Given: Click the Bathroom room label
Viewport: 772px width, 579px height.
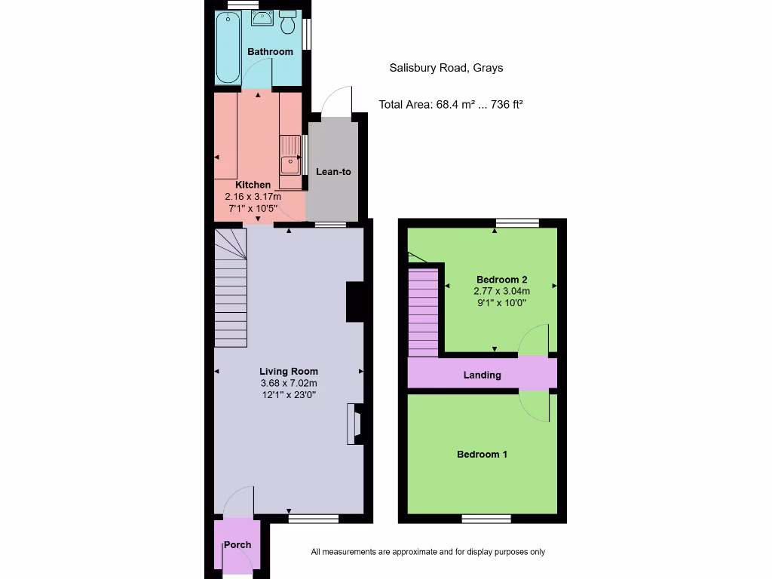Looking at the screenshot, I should (x=270, y=52).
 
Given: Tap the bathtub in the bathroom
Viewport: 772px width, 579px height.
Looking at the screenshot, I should (x=228, y=48).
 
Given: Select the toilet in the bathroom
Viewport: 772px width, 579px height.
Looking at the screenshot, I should (x=287, y=23).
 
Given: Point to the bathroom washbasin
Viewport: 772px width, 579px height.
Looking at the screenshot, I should (x=262, y=18).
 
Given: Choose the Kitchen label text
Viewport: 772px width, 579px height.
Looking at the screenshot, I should (x=253, y=185).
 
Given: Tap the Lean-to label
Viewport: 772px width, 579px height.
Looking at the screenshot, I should (x=333, y=172).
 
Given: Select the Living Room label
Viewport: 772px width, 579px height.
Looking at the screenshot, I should (x=289, y=371).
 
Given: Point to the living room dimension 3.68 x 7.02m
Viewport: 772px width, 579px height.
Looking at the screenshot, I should (x=289, y=383).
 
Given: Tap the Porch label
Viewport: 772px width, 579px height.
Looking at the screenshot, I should (x=237, y=545).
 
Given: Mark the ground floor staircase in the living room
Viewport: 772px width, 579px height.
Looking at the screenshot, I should (x=231, y=290).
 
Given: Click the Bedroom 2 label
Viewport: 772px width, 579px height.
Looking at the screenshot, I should (x=501, y=279).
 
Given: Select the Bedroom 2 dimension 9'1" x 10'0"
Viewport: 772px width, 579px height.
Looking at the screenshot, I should (x=501, y=302).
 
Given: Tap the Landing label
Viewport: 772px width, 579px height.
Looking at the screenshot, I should (x=482, y=375).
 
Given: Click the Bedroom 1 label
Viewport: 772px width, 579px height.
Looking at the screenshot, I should (x=482, y=455).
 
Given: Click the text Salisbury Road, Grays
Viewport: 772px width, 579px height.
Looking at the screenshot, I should (x=446, y=68).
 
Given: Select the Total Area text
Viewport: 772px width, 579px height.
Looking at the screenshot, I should (x=450, y=105).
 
